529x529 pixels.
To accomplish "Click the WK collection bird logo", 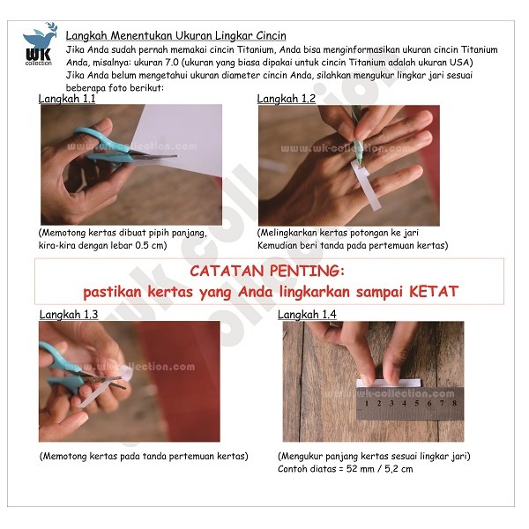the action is [x=40, y=44].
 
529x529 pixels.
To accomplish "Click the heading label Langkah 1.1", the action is [x=67, y=99].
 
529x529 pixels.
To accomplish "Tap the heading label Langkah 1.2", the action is [x=286, y=99].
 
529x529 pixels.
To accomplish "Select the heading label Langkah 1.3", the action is [x=69, y=315].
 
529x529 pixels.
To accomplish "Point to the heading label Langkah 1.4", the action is [x=307, y=315].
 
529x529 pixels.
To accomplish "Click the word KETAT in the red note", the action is [x=434, y=292].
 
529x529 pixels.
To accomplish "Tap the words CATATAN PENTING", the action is [x=267, y=271].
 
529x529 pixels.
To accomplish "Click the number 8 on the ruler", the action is [x=454, y=403].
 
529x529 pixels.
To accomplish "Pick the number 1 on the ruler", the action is [x=367, y=403].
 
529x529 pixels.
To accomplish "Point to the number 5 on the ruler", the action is [x=417, y=403].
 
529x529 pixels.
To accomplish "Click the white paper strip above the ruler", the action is [x=389, y=383].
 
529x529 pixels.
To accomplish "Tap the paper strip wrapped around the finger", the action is [x=366, y=185].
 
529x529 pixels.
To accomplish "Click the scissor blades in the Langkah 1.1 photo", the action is [x=155, y=157].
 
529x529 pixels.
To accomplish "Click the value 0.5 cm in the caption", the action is [x=150, y=245].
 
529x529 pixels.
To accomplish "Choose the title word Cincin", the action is [x=271, y=36].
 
